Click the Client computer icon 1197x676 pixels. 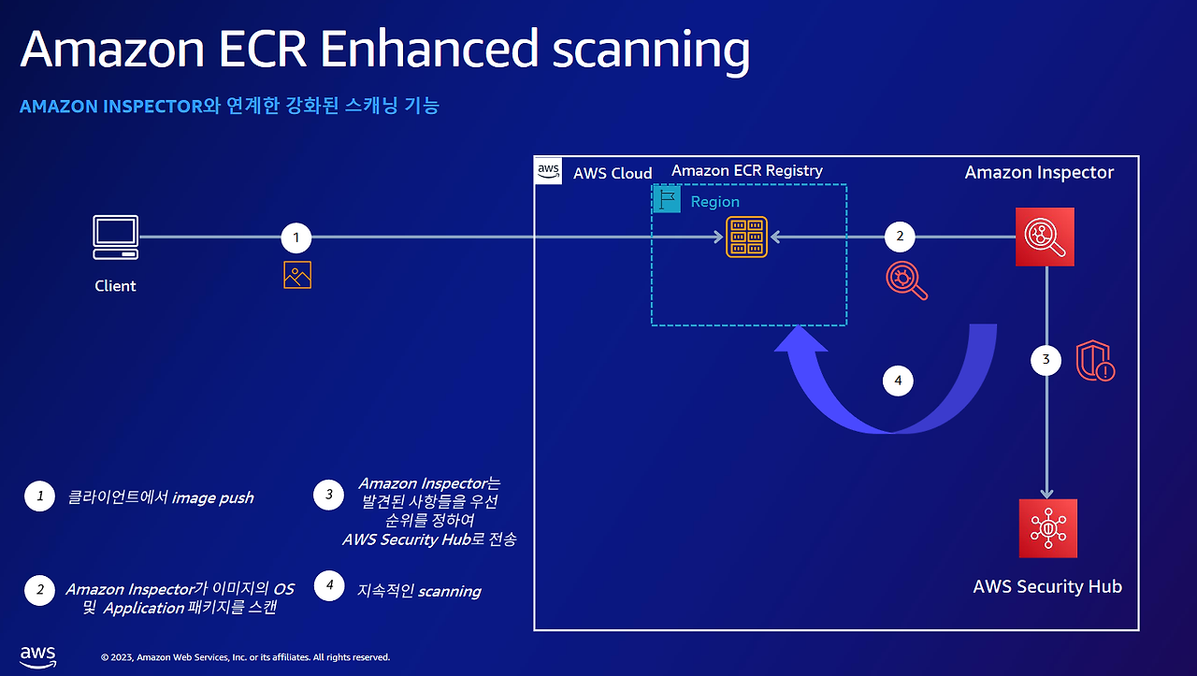pos(115,237)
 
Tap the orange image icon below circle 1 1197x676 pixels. pos(297,275)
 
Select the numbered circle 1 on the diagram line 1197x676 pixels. pos(296,237)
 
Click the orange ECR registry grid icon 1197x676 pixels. pos(746,237)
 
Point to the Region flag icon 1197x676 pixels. pos(667,199)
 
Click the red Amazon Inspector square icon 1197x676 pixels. pos(1045,237)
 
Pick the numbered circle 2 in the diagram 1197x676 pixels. pos(900,237)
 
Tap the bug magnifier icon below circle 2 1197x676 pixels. pos(907,280)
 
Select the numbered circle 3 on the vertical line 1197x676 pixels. pos(1046,360)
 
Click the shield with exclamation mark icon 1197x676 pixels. pos(1095,361)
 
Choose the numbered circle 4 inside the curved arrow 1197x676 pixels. pos(898,381)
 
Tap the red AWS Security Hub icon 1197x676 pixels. pos(1048,528)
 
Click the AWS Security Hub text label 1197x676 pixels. pos(1047,586)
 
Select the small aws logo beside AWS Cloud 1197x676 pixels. pos(548,171)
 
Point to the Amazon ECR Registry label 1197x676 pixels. pos(747,171)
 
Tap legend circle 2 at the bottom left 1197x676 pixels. pos(39,590)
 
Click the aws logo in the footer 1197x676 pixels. pos(38,656)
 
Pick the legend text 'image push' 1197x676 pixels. pos(212,498)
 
